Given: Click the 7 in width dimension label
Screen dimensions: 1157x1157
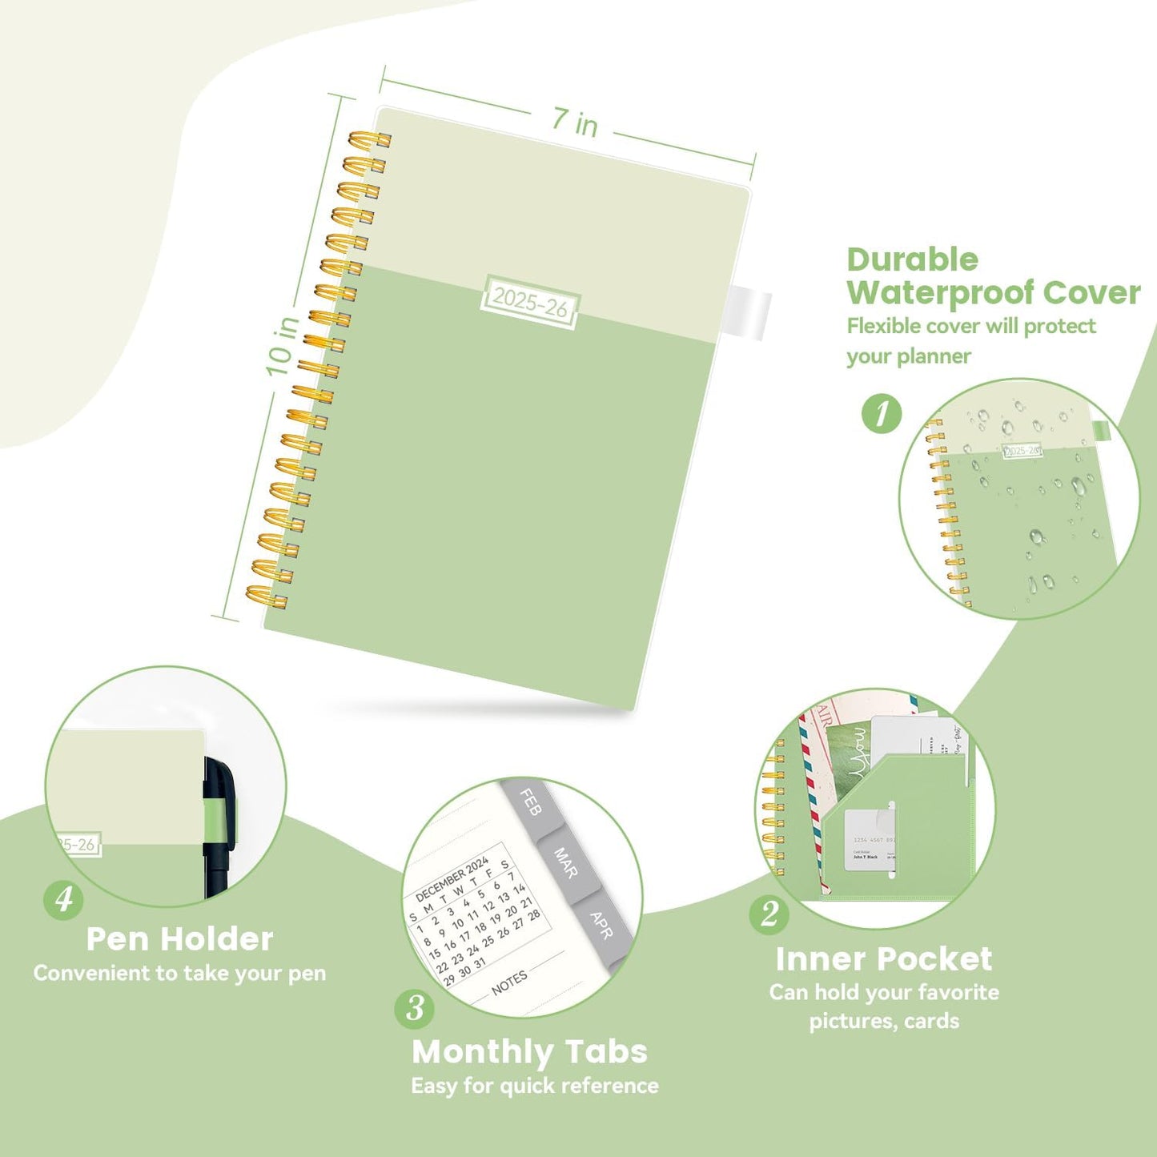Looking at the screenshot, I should click(x=574, y=123).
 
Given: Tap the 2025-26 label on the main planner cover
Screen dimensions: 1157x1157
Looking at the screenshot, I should click(x=530, y=302).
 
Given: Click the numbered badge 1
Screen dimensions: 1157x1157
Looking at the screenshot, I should click(x=882, y=414).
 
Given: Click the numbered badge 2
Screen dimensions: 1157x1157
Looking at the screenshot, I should click(x=769, y=914).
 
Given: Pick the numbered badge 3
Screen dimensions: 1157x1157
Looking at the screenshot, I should click(x=415, y=1008).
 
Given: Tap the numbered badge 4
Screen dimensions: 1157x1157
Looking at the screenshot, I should click(x=63, y=899).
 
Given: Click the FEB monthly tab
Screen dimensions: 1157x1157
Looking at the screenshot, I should click(x=530, y=802).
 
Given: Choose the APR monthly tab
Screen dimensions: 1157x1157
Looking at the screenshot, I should click(x=601, y=925).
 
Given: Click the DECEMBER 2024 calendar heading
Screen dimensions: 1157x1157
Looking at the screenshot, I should click(x=452, y=879).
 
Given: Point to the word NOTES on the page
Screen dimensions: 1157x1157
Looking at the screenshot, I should click(x=509, y=982).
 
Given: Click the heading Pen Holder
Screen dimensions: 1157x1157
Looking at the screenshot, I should click(x=179, y=939).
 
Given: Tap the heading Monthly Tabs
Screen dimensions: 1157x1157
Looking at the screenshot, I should click(x=529, y=1051).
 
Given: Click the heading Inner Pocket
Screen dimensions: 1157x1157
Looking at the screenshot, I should click(x=883, y=958).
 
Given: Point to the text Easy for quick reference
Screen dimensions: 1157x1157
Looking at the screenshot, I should click(x=535, y=1086).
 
